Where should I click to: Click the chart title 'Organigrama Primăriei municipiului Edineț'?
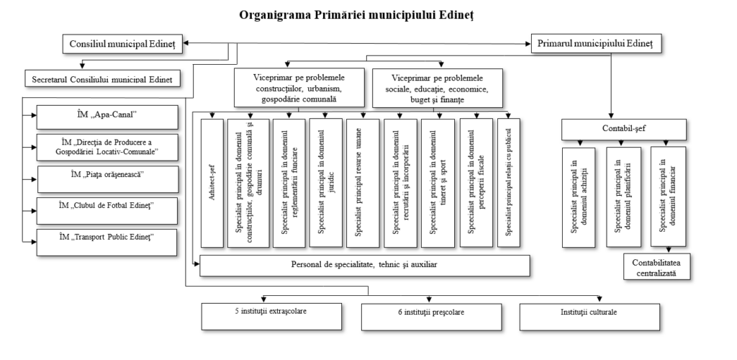click(356, 14)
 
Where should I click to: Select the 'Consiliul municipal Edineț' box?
click(122, 44)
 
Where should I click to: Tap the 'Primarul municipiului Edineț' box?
click(596, 43)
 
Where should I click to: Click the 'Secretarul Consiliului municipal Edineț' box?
click(102, 78)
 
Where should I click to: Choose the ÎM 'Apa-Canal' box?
click(107, 117)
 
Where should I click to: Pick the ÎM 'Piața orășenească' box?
click(108, 179)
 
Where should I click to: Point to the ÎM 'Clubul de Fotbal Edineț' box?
click(107, 210)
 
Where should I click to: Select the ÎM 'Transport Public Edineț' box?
click(107, 242)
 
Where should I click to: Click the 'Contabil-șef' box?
click(624, 130)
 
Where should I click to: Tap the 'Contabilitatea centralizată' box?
click(657, 266)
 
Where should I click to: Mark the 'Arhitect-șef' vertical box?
click(212, 183)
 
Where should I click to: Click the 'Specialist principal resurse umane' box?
click(363, 183)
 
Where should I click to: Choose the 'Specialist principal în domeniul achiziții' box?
click(579, 197)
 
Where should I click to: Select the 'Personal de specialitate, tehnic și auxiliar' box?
click(365, 266)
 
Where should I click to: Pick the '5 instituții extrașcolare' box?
click(271, 316)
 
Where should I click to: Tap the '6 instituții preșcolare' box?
click(432, 317)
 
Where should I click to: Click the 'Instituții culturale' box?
click(589, 317)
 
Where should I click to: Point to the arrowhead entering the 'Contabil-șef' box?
click(611, 116)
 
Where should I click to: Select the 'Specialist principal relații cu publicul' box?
click(509, 183)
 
